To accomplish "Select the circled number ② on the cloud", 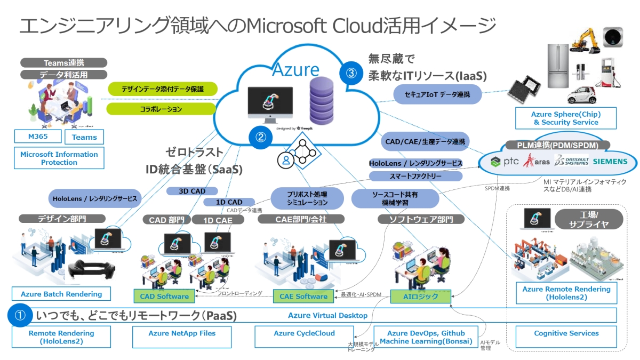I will (x=260, y=137).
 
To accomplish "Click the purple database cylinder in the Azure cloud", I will (x=324, y=101).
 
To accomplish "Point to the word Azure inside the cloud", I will (x=296, y=69).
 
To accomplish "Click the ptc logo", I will (x=504, y=161).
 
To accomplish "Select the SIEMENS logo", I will (x=599, y=161).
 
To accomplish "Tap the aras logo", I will (x=535, y=161).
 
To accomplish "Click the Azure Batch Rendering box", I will (x=61, y=294).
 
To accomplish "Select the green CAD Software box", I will (x=164, y=296).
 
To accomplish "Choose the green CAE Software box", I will (x=303, y=296).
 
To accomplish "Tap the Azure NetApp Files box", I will (x=182, y=333).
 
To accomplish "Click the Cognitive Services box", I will (x=566, y=333).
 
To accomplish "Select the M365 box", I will (x=38, y=137).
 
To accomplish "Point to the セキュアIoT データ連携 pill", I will (x=438, y=94).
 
